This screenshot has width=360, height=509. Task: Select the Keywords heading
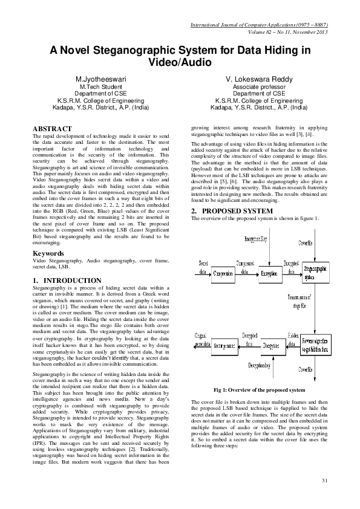[49, 253]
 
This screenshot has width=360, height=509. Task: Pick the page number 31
[324, 480]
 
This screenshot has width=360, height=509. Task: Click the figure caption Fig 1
[258, 391]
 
